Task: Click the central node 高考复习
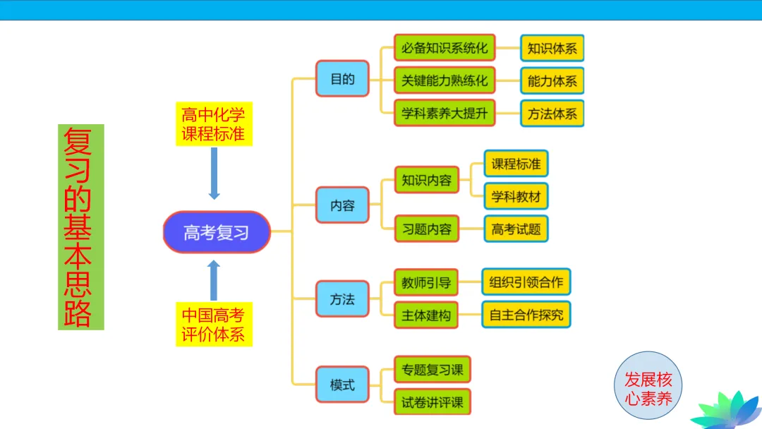(x=217, y=232)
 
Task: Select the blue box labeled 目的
(x=342, y=78)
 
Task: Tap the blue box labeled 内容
(x=342, y=205)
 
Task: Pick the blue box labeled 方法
(x=342, y=299)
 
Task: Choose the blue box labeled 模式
(x=342, y=386)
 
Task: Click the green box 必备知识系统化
(x=445, y=49)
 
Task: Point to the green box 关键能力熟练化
(x=445, y=81)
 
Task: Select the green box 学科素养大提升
(x=445, y=114)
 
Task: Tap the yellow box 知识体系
(x=552, y=49)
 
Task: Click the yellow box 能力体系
(x=552, y=81)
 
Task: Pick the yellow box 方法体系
(x=552, y=114)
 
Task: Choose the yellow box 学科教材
(x=516, y=196)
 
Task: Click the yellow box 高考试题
(x=516, y=229)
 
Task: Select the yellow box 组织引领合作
(x=526, y=282)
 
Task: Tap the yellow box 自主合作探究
(x=526, y=315)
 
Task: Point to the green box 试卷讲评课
(x=433, y=402)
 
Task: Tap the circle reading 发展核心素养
(x=648, y=388)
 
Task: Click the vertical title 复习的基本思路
(x=81, y=227)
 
